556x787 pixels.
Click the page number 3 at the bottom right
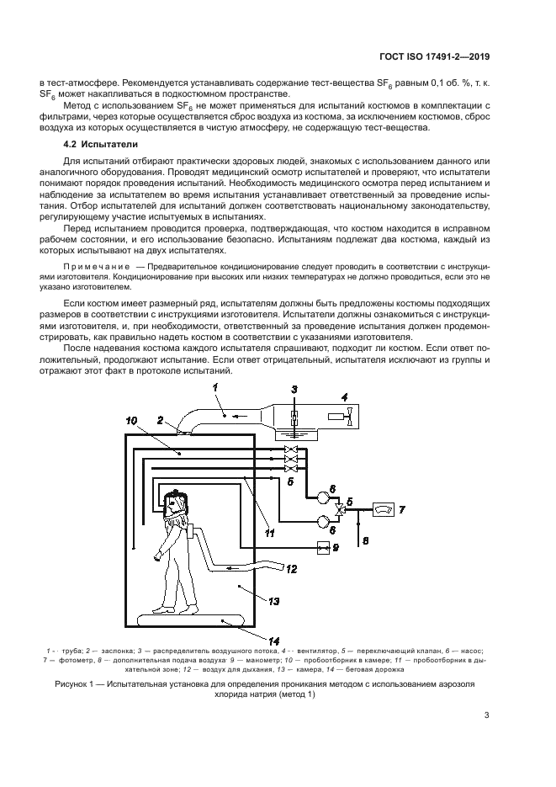[486, 740]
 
